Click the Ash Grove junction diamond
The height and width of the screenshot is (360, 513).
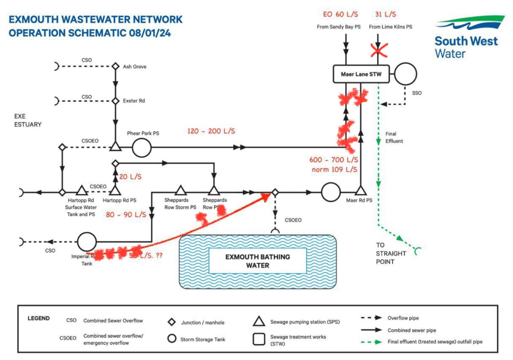(115, 66)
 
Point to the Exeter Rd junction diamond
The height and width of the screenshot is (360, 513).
(115, 101)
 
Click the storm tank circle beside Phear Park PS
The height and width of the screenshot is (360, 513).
(142, 147)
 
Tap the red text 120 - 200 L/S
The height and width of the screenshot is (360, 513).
(212, 131)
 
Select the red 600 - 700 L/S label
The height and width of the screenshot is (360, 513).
(333, 160)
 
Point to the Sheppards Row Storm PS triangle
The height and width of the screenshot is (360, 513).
(180, 191)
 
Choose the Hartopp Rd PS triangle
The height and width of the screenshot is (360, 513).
(115, 191)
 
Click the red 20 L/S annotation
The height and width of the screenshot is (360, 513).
(130, 177)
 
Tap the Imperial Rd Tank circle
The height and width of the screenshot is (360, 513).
(87, 241)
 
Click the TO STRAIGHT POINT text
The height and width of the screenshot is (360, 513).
(392, 253)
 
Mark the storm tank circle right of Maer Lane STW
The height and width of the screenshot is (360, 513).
(405, 74)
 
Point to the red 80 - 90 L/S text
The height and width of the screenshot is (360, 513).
(126, 215)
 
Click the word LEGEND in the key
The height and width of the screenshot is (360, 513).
(38, 319)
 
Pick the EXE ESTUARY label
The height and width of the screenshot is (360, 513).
(28, 121)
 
